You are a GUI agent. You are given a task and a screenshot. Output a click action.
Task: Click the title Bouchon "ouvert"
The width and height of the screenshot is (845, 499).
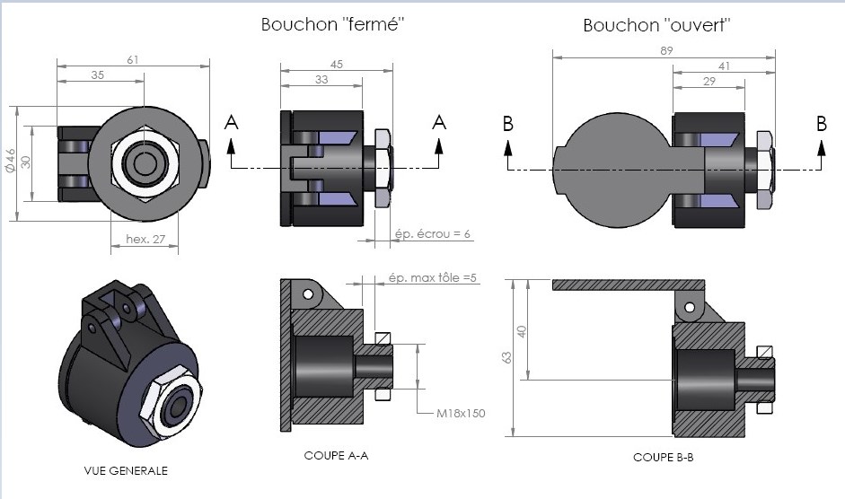point(656,25)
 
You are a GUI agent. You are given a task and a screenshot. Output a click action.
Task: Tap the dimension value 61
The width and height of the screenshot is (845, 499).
point(132,59)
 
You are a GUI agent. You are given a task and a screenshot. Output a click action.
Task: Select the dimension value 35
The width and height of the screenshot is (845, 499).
point(96,76)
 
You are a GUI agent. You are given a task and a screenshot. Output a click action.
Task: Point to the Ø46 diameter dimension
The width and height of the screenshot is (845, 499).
point(9,162)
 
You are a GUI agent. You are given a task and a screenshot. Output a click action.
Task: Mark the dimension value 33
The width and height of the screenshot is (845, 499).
point(321,80)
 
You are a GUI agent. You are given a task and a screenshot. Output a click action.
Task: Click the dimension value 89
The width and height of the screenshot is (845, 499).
point(665,51)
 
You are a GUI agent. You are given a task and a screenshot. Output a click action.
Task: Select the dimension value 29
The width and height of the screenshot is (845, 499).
point(709,81)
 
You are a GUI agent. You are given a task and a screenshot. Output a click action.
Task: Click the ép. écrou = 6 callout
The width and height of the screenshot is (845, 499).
point(433,234)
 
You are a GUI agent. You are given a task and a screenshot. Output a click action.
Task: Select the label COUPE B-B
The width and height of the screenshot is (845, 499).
point(663,458)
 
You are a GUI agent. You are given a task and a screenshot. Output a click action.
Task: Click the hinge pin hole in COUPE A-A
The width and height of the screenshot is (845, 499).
point(307,293)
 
